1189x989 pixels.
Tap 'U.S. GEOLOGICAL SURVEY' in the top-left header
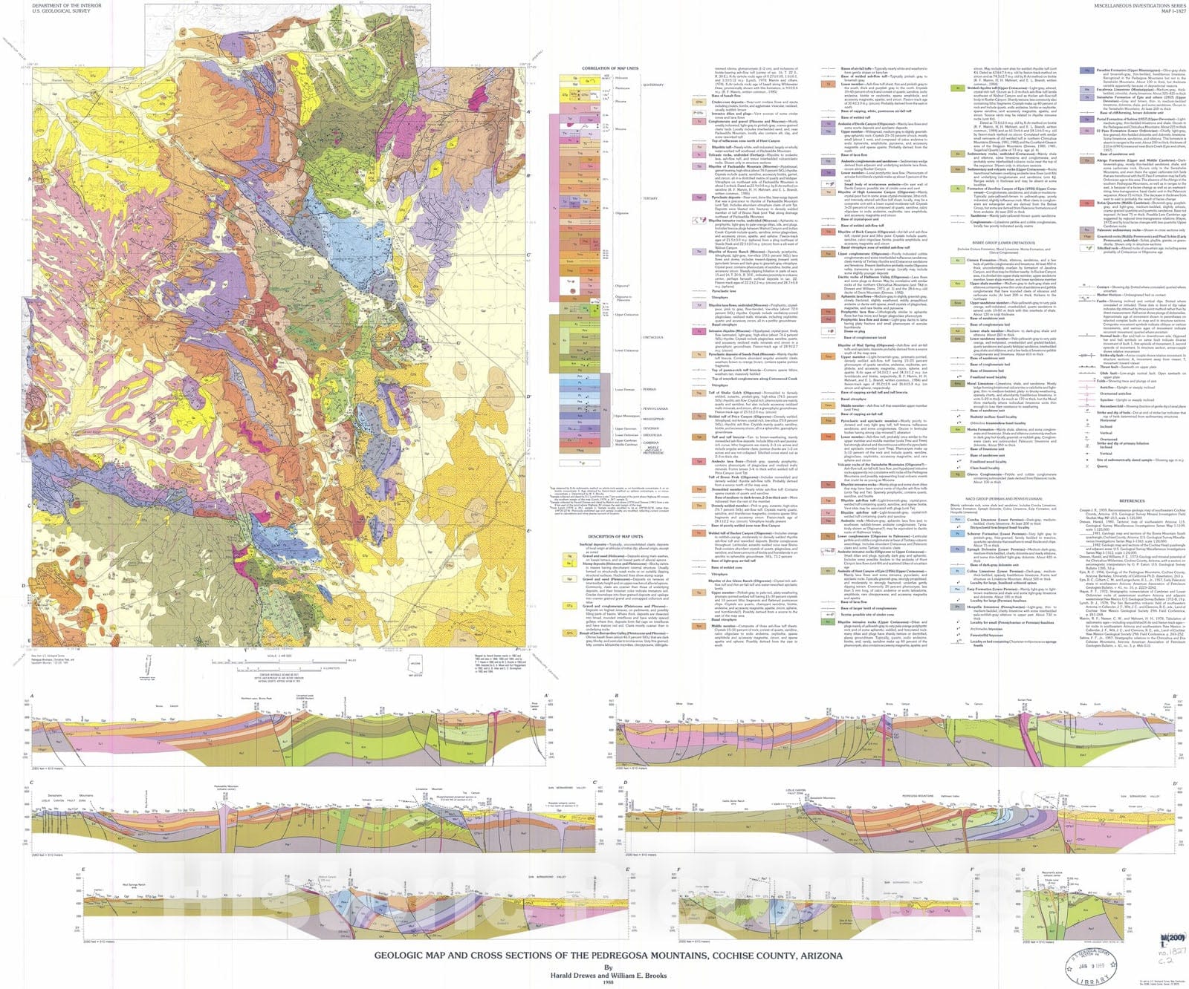point(61,11)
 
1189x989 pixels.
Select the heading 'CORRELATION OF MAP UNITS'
point(609,68)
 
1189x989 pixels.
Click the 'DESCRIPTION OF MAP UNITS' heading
point(615,536)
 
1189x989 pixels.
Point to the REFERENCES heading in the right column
point(1132,500)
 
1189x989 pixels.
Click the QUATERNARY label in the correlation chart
point(652,85)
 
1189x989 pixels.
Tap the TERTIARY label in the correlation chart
point(650,198)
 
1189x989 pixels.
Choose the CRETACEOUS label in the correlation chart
point(652,337)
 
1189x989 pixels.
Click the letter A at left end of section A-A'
point(31,696)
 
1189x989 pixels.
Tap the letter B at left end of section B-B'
point(617,696)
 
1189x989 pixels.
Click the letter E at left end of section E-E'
point(83,869)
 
